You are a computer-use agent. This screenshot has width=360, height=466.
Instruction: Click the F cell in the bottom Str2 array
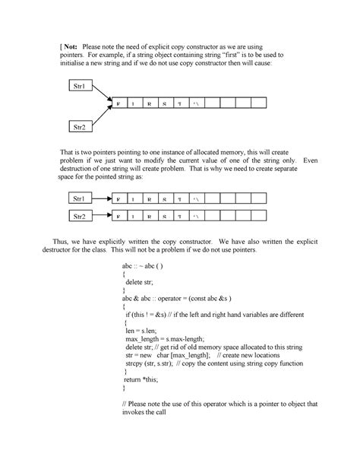pyautogui.click(x=118, y=217)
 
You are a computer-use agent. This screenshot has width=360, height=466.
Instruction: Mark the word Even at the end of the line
pyautogui.click(x=310, y=161)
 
